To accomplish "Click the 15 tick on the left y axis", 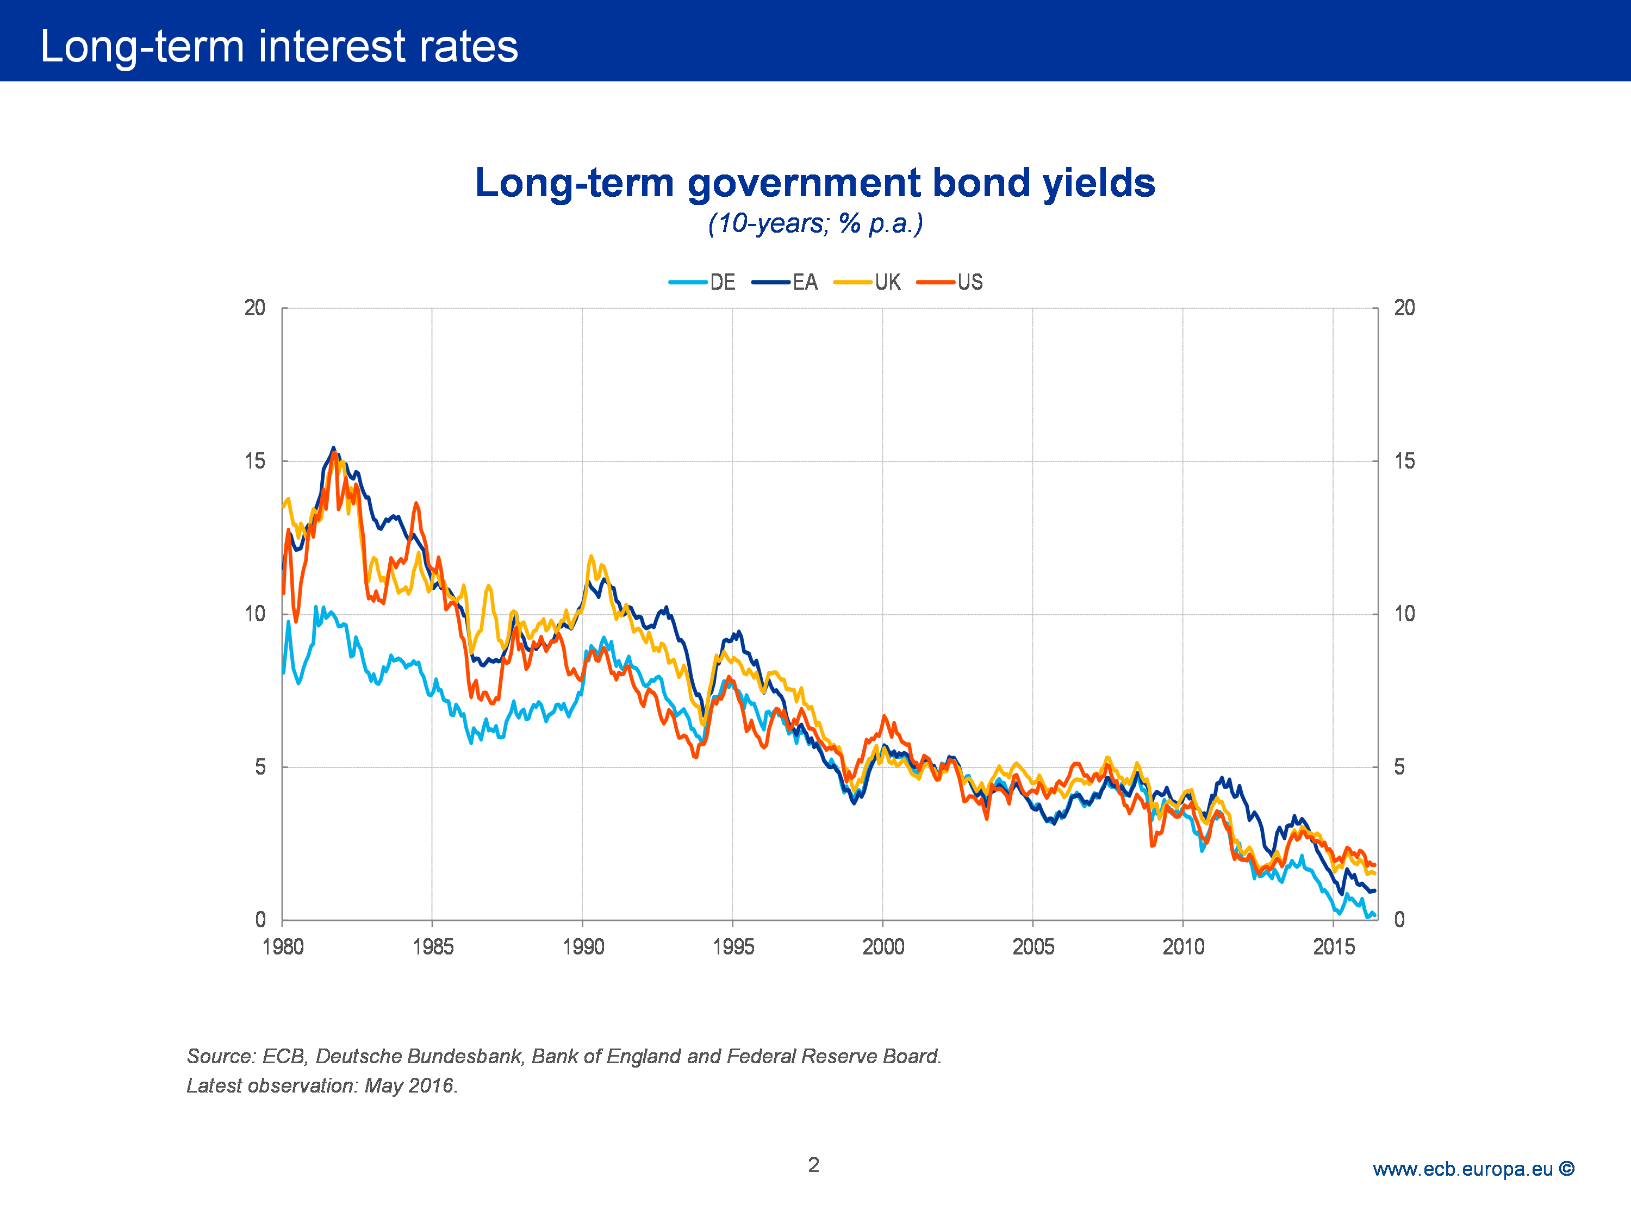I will (x=254, y=461).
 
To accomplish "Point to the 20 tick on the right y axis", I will (x=1404, y=308).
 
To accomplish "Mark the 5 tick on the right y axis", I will (x=1399, y=768).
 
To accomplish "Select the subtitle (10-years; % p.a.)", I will (x=815, y=223).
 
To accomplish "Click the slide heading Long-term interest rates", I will (x=279, y=46).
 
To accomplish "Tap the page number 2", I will (x=813, y=1165).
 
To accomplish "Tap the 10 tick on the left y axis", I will (x=254, y=614).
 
